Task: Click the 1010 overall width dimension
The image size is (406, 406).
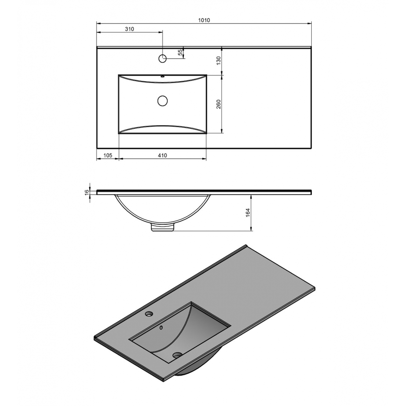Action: tap(204, 20)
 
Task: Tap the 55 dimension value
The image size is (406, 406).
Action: tap(181, 52)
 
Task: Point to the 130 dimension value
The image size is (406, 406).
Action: tap(219, 61)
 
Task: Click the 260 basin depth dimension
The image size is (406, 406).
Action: tap(219, 104)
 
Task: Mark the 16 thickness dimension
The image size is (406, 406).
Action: tap(87, 192)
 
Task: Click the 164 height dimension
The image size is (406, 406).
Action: tap(248, 212)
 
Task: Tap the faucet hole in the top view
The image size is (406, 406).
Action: tap(162, 58)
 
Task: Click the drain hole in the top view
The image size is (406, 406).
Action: tap(163, 100)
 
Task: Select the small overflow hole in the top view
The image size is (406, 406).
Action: tap(162, 76)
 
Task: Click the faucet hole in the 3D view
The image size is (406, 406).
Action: tap(149, 314)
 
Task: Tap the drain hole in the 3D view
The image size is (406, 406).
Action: tap(177, 355)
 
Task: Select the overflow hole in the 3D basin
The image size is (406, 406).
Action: tap(161, 327)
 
